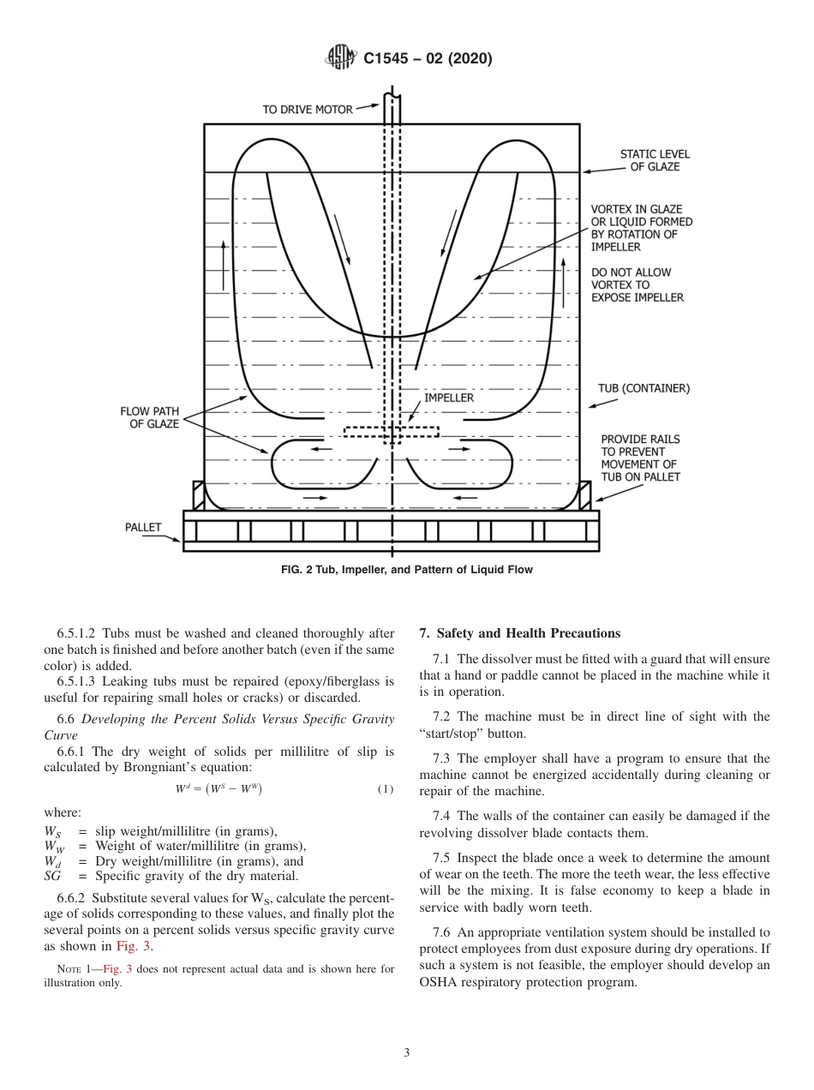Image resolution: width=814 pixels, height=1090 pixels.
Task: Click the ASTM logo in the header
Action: pyautogui.click(x=341, y=58)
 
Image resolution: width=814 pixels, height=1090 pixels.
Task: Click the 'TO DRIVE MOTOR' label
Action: pyautogui.click(x=307, y=109)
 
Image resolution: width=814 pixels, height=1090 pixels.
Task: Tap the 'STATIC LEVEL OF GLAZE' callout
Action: pyautogui.click(x=654, y=160)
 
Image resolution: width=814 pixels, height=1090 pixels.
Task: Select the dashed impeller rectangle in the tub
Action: pyautogui.click(x=391, y=431)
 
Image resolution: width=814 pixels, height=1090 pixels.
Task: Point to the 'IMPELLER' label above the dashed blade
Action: pyautogui.click(x=449, y=398)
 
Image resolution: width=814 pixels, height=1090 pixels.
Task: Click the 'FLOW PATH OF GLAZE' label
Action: pyautogui.click(x=149, y=417)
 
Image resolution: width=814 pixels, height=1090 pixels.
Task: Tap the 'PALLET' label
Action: pyautogui.click(x=143, y=527)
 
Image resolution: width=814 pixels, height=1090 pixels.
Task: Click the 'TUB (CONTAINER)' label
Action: pyautogui.click(x=643, y=388)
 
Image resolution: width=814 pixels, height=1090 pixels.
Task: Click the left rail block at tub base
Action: pyautogui.click(x=199, y=495)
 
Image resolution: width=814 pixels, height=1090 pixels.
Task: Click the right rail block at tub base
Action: pyautogui.click(x=585, y=495)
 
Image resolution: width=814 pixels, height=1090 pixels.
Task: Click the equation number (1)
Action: pyautogui.click(x=386, y=788)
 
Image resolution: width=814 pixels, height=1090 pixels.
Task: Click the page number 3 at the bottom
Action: pyautogui.click(x=407, y=1052)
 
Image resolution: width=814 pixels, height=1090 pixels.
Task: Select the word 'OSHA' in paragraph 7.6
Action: pyautogui.click(x=442, y=982)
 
